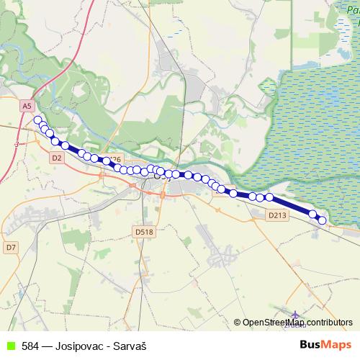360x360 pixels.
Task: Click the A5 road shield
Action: click(x=27, y=106)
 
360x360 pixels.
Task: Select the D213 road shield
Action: click(x=276, y=215)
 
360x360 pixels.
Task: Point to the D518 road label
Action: click(x=144, y=231)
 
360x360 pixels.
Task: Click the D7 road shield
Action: click(x=10, y=247)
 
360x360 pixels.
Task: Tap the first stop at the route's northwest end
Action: click(x=37, y=120)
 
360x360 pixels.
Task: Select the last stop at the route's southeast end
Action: click(x=322, y=220)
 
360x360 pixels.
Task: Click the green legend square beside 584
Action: click(x=10, y=346)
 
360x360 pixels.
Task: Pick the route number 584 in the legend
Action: click(x=30, y=346)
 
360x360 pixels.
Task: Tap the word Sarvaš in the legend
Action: click(x=130, y=346)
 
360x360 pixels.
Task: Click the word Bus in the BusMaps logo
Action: click(x=313, y=345)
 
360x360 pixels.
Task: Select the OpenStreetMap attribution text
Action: click(x=274, y=323)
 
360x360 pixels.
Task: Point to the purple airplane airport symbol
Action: click(x=296, y=315)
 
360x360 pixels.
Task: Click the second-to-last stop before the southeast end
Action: click(x=313, y=213)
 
